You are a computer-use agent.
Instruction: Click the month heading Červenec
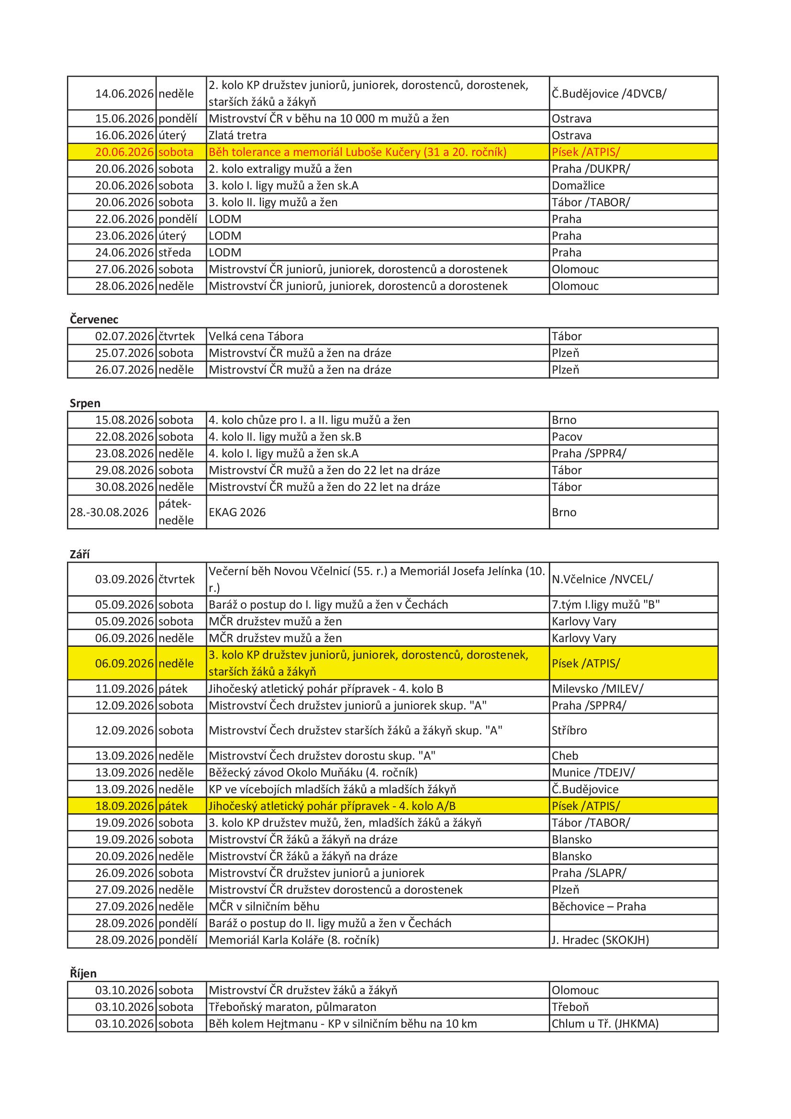[x=94, y=320]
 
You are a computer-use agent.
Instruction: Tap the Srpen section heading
[x=85, y=404]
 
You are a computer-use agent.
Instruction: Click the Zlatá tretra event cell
[x=238, y=135]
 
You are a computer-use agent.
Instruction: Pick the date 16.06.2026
[x=124, y=135]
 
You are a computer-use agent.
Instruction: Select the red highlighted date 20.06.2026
[x=124, y=152]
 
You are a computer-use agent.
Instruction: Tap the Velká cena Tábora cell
[x=256, y=336]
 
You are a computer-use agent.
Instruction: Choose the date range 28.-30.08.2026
[x=109, y=512]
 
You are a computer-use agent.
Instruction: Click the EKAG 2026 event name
[x=237, y=512]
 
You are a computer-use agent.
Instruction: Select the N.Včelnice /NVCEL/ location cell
[x=602, y=579]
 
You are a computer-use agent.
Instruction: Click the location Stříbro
[x=569, y=730]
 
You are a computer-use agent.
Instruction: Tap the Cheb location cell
[x=565, y=756]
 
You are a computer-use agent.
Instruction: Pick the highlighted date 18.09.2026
[x=124, y=806]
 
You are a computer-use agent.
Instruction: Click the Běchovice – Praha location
[x=599, y=907]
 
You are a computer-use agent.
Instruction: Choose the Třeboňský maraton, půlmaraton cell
[x=292, y=1008]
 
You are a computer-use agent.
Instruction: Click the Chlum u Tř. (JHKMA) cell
[x=605, y=1024]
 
